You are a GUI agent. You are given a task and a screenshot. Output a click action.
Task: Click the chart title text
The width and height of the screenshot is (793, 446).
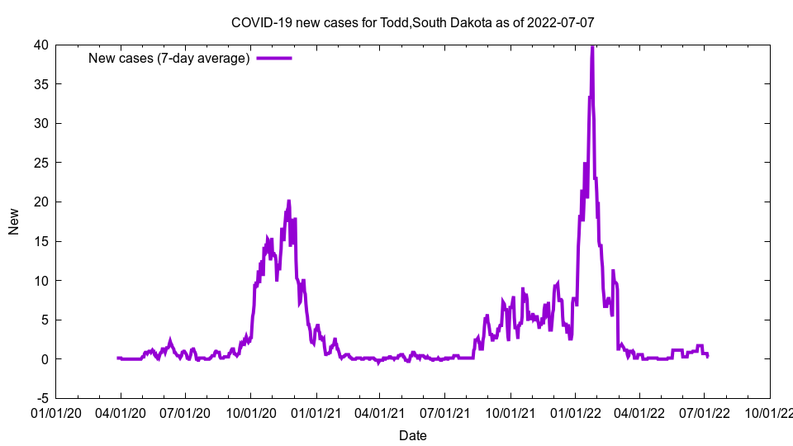[x=412, y=22]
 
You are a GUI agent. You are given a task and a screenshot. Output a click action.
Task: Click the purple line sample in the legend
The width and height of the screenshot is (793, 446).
[x=273, y=58]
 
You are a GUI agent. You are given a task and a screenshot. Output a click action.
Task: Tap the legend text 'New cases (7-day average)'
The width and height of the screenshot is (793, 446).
[x=169, y=58]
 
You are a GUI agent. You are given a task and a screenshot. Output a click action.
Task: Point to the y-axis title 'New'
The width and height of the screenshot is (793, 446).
[x=14, y=221]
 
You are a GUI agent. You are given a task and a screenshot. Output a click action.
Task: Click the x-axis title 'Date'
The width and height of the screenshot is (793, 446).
[x=413, y=435]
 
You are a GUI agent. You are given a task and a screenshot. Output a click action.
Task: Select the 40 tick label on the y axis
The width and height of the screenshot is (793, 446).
[x=40, y=45]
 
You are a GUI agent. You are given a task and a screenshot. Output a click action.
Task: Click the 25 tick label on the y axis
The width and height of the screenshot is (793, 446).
[x=40, y=163]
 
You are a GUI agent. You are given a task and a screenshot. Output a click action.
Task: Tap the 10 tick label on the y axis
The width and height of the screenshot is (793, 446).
[x=40, y=281]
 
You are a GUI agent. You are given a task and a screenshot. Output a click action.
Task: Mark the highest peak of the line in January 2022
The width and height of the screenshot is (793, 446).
[x=592, y=46]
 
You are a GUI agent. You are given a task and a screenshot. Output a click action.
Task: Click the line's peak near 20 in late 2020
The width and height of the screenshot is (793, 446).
[x=288, y=201]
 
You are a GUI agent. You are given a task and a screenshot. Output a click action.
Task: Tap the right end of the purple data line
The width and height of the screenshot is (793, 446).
[x=707, y=356]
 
